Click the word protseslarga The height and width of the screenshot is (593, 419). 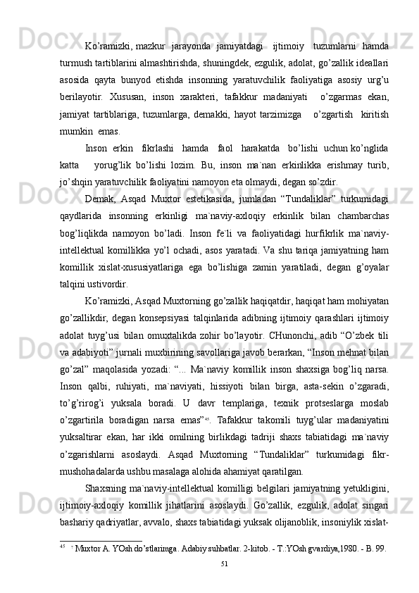click(x=308, y=437)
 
